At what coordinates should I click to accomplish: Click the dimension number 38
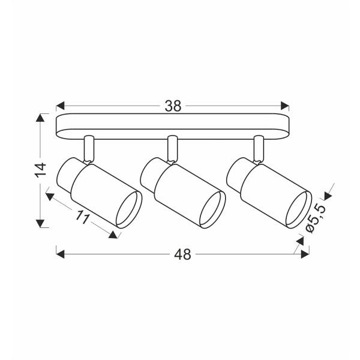pos(173,106)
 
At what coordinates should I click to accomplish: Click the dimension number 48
pos(182,254)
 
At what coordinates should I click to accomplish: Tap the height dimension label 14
pos(41,170)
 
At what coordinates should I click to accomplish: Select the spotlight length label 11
pos(82,217)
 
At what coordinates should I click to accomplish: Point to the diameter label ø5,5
pos(316,218)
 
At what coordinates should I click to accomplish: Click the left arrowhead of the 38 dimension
pos(60,106)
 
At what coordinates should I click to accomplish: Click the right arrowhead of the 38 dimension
pos(284,106)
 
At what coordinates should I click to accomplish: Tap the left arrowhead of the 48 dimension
pos(60,254)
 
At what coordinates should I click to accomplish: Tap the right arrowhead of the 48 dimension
pos(305,254)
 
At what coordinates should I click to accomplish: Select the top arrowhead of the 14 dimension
pos(40,118)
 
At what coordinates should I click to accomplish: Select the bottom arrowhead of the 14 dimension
pos(40,223)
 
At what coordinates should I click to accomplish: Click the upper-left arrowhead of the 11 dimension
pos(50,197)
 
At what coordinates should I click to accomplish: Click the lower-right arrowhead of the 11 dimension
pos(113,235)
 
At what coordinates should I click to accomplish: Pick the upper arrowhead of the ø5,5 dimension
pos(328,196)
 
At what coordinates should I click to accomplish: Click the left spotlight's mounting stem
pos(89,149)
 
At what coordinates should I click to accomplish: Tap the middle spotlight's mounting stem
pos(172,149)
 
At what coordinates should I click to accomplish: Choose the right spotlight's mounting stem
pos(259,149)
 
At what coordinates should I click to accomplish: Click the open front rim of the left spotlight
pos(129,209)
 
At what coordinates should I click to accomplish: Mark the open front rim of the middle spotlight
pos(212,209)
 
